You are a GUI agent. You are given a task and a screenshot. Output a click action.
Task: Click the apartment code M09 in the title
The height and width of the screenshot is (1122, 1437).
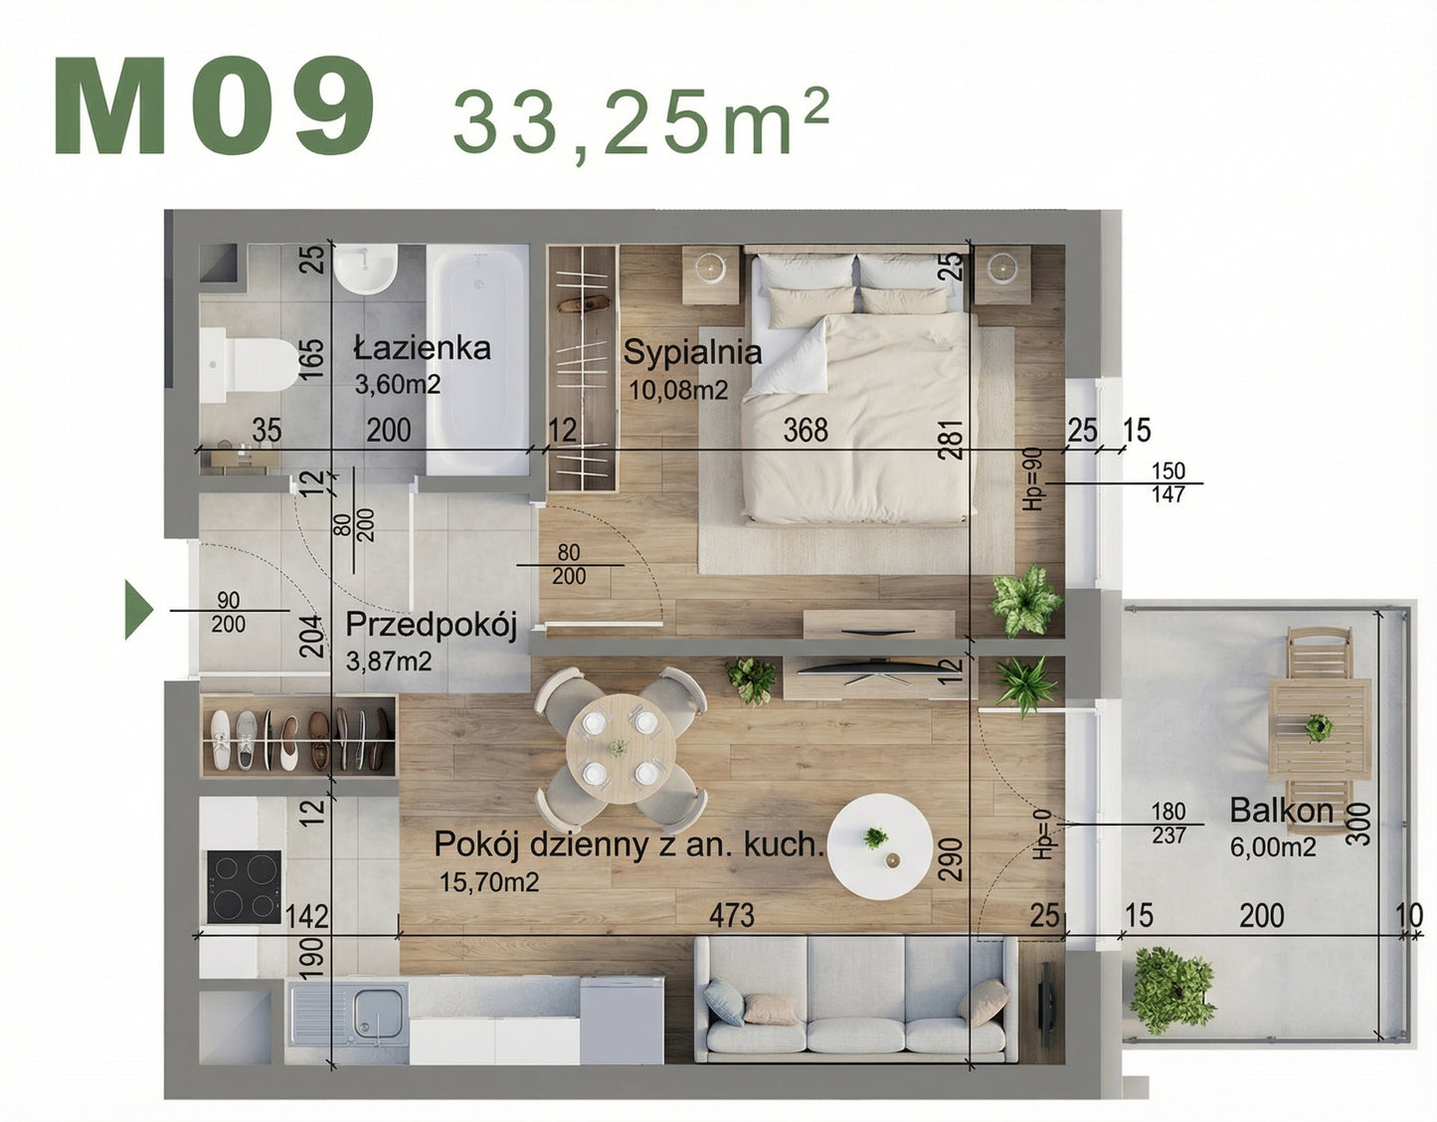click(215, 106)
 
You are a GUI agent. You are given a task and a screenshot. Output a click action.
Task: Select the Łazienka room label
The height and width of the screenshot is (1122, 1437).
click(422, 348)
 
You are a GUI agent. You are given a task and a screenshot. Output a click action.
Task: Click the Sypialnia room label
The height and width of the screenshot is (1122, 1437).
click(692, 352)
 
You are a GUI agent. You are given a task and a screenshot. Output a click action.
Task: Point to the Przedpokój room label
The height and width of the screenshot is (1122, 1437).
click(431, 626)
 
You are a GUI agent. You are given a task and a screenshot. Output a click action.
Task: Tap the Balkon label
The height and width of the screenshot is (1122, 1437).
click(1281, 810)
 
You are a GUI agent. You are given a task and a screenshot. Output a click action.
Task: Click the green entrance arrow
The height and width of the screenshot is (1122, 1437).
click(138, 610)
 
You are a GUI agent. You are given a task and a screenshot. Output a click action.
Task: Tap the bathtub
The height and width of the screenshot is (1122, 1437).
click(477, 358)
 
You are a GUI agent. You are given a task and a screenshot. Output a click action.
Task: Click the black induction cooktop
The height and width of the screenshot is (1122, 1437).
click(244, 887)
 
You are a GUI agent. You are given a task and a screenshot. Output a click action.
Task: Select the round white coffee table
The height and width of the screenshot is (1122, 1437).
click(881, 844)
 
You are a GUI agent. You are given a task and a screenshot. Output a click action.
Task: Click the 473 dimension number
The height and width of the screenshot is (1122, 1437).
click(732, 915)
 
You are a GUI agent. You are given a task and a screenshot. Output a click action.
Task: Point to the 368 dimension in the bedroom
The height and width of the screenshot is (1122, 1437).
click(806, 430)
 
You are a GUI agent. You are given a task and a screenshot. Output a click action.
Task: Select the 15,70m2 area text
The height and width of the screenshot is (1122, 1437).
click(488, 881)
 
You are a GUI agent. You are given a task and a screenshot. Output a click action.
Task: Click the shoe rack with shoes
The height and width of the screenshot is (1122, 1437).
click(299, 737)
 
